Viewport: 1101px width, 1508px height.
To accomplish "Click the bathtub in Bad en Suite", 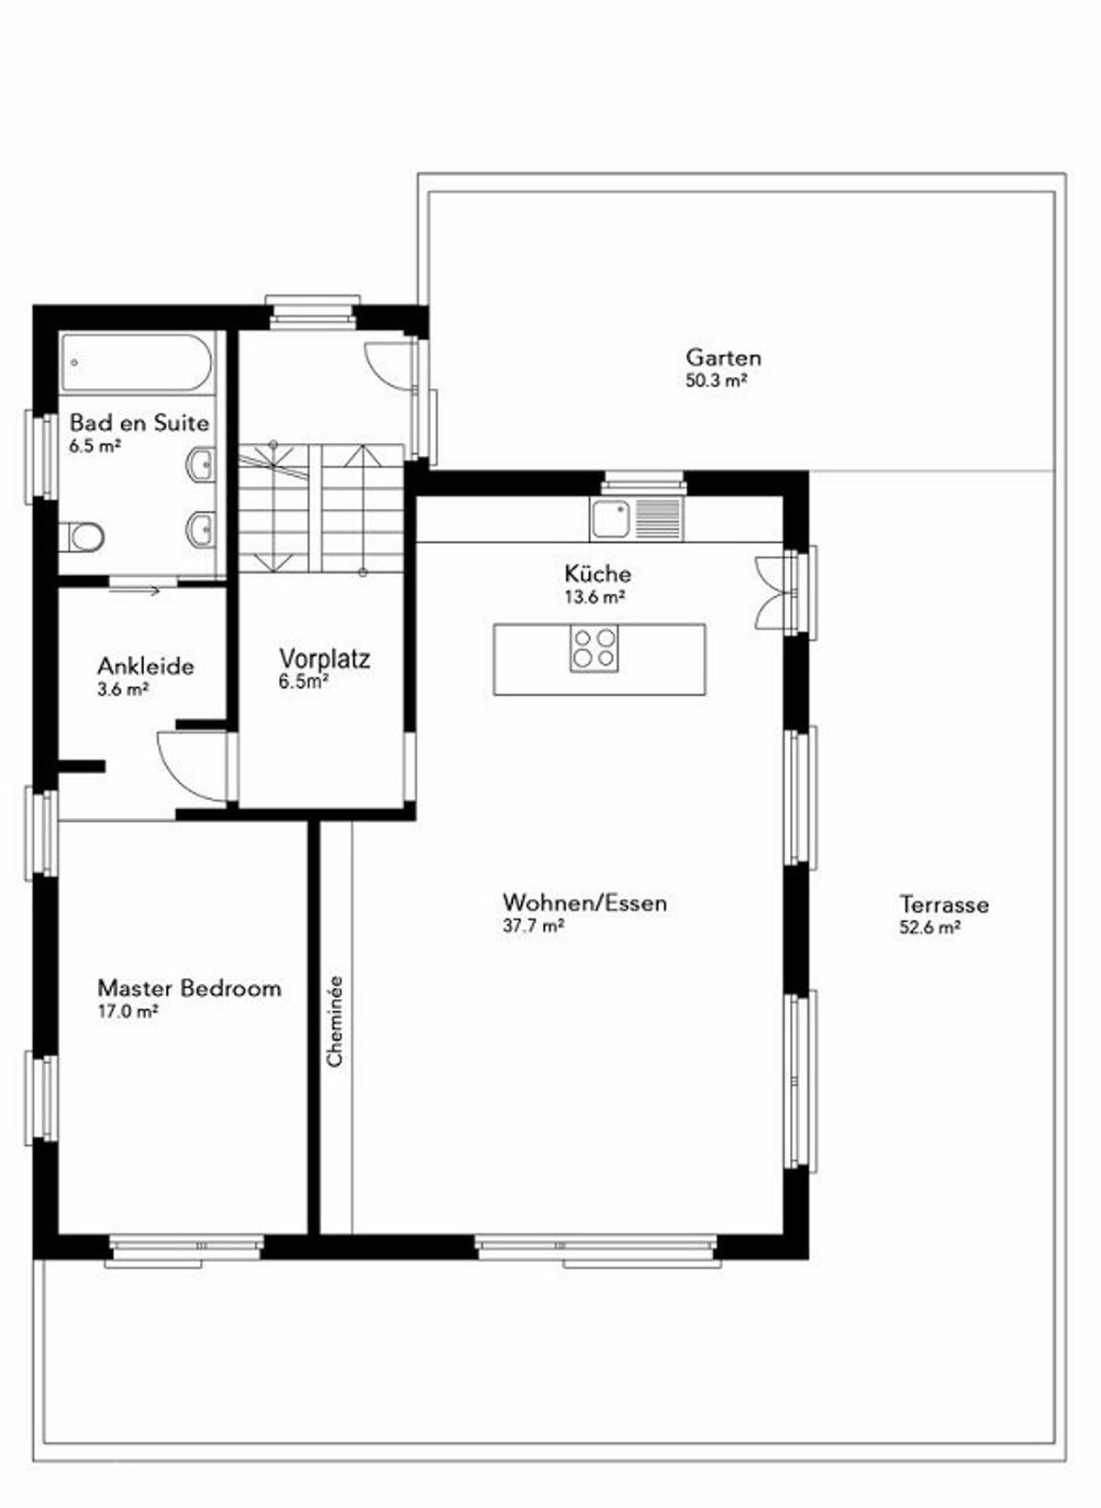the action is tap(138, 362).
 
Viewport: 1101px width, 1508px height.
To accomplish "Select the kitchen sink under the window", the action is tap(636, 518).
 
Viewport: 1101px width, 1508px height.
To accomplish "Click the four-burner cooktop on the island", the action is tap(594, 648).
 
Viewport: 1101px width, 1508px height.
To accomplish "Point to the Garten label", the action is tap(723, 356).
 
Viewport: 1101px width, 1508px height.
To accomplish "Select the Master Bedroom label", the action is tap(189, 988).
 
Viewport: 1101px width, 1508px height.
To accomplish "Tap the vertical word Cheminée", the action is tap(335, 1021).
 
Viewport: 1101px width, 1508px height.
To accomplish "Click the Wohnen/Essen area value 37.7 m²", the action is tap(533, 925).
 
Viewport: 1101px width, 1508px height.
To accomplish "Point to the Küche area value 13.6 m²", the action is tap(595, 596).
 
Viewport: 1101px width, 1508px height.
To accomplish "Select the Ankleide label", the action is tap(146, 667).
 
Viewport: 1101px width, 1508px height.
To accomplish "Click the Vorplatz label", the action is tap(325, 658).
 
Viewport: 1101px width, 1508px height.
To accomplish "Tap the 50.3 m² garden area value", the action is tap(717, 380).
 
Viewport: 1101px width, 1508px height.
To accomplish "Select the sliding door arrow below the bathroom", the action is tap(133, 591).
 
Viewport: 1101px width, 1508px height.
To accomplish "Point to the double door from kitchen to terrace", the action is tap(773, 593).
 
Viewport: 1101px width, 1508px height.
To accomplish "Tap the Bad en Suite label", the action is tap(139, 423).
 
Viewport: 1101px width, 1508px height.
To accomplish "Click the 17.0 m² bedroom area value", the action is tap(128, 1011).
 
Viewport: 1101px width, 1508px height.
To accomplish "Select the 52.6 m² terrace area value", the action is tap(930, 927).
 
